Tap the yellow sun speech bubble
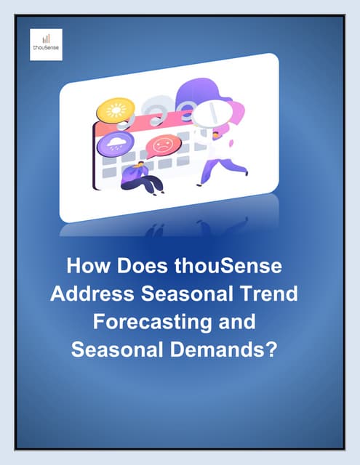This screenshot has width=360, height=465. (x=116, y=110)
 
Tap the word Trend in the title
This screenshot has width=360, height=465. (x=268, y=294)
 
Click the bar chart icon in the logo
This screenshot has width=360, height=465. (x=46, y=39)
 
